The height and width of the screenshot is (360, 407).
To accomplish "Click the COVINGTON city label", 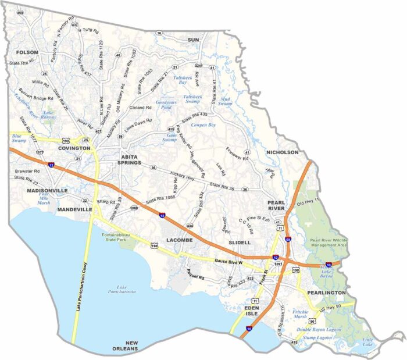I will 74,148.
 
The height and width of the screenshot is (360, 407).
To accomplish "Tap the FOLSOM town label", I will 27,52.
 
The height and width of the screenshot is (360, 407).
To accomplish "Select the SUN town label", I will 193,40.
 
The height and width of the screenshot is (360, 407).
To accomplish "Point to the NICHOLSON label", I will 282,152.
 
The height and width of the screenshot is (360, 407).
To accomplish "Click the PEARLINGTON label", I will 328,293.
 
